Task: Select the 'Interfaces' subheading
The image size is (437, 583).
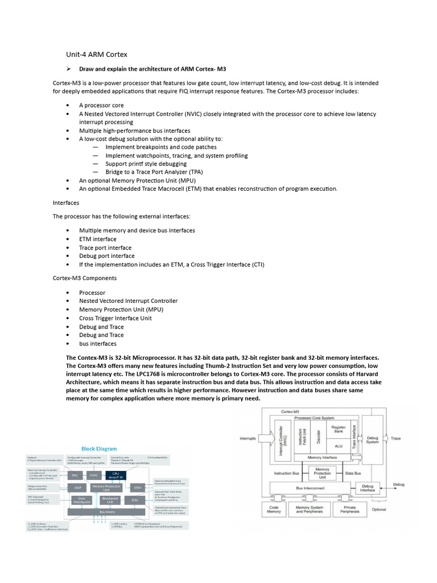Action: [x=66, y=203]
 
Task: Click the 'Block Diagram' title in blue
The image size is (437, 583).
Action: [x=98, y=449]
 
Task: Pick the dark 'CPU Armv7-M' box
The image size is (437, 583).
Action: [x=116, y=474]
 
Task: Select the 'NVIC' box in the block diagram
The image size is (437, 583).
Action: [x=94, y=475]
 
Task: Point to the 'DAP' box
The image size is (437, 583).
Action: [x=78, y=487]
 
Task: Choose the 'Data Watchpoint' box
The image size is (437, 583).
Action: [x=81, y=500]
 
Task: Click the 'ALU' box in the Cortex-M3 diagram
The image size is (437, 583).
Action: [x=339, y=446]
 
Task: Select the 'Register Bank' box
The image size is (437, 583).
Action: [x=339, y=429]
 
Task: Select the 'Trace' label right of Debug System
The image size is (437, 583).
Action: [x=396, y=438]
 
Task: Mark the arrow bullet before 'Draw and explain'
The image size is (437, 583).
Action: [x=68, y=69]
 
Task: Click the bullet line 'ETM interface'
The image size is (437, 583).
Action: [x=98, y=239]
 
